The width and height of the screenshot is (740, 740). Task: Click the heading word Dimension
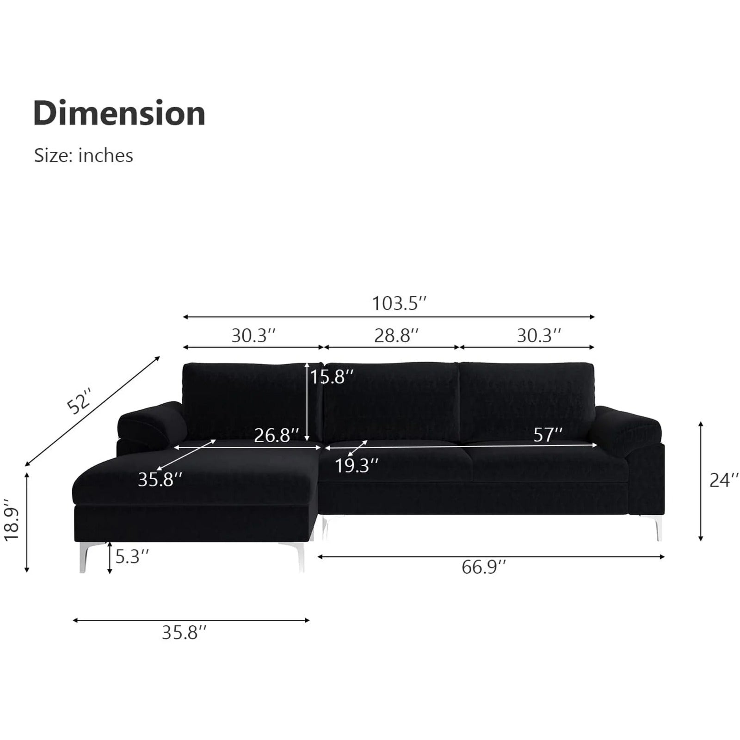point(119,113)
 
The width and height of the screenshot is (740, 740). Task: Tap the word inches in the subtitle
point(106,155)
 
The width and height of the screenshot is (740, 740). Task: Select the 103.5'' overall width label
point(399,303)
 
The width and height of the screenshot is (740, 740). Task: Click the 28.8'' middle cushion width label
point(397,335)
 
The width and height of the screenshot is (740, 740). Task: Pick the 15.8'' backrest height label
point(332,377)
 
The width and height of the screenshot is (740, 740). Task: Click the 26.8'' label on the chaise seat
point(277,435)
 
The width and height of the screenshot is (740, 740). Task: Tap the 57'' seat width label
point(548,435)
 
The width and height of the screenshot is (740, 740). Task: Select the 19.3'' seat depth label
point(357,466)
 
